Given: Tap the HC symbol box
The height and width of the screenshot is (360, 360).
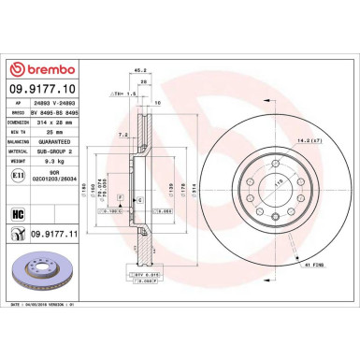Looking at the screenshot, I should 18,213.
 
